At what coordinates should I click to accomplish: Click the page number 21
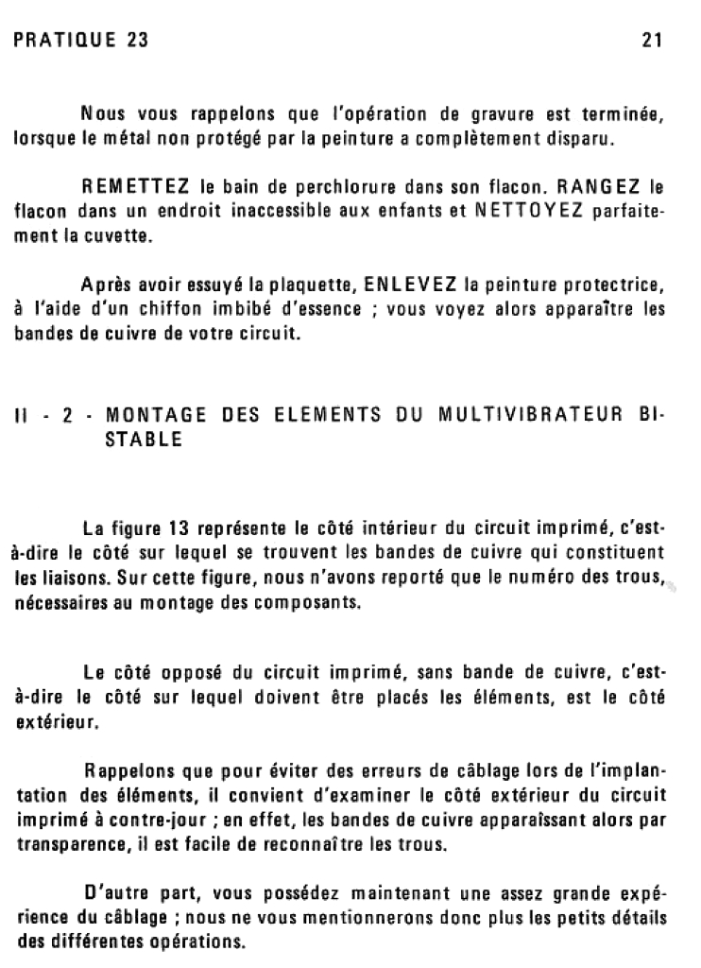[651, 41]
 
